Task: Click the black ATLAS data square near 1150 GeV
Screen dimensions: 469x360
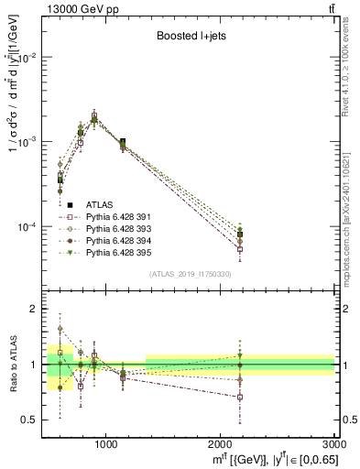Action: click(123, 142)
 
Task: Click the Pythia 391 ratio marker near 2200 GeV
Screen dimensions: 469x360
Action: click(239, 397)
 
